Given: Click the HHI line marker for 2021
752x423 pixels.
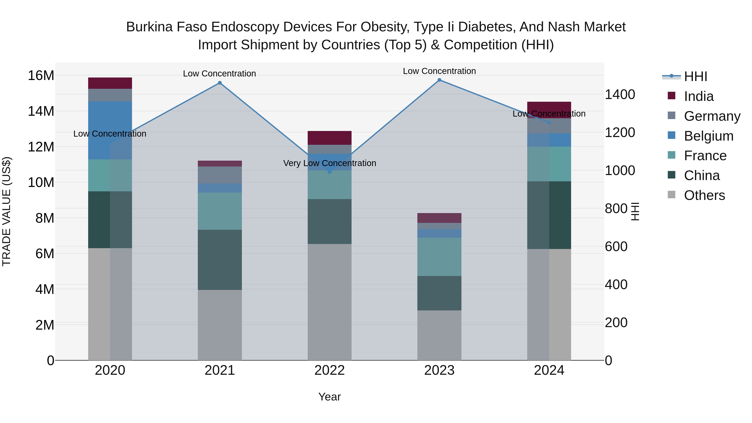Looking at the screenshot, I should tap(220, 83).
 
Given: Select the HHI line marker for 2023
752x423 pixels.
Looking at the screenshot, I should tap(439, 80).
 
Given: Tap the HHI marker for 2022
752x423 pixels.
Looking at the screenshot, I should tap(330, 172).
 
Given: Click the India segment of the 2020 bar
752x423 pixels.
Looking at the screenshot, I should tap(110, 83).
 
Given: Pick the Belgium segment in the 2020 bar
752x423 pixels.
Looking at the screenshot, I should tap(110, 130).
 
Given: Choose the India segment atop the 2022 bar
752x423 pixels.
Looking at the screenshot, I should tap(330, 138).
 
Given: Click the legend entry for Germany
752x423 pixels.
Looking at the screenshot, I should tap(712, 116).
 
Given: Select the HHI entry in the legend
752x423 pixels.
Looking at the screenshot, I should tap(695, 76).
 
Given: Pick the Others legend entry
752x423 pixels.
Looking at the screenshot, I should tap(704, 195).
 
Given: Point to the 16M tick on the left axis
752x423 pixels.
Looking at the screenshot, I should tap(41, 76).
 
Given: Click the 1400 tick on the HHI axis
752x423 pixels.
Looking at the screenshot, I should tap(620, 95).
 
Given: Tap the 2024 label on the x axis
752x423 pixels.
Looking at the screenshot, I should tap(549, 370).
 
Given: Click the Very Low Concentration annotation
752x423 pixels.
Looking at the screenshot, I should tap(330, 163).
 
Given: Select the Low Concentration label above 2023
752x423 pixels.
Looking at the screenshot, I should tap(439, 71).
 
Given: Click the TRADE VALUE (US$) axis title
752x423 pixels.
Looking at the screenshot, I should tap(6, 211).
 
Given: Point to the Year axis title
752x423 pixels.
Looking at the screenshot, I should tap(330, 397).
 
